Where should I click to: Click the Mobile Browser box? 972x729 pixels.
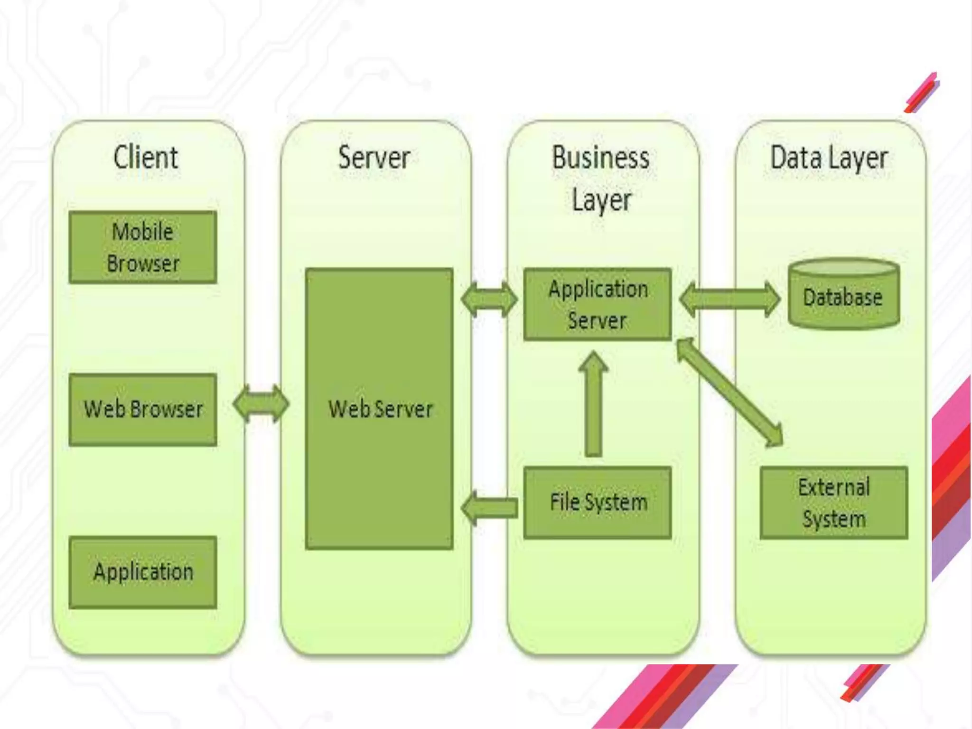[143, 247]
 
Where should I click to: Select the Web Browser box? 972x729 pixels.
[143, 410]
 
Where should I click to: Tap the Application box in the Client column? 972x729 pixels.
[143, 572]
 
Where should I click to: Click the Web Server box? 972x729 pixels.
[379, 409]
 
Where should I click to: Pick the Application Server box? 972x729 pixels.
[598, 304]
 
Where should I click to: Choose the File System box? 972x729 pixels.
[598, 502]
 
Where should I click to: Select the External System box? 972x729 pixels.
[834, 502]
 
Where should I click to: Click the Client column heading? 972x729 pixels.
[146, 158]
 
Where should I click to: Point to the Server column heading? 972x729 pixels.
[374, 158]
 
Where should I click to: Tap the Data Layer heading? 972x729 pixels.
[829, 158]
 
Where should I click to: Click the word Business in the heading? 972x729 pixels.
[600, 158]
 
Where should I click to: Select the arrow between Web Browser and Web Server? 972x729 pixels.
[261, 404]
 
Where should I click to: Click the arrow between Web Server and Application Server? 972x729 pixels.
[489, 299]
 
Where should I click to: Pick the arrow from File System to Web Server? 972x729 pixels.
[489, 508]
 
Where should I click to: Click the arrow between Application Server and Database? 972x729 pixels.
[729, 299]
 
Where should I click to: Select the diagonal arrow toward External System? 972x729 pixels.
[729, 392]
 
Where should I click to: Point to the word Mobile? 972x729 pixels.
[142, 232]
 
